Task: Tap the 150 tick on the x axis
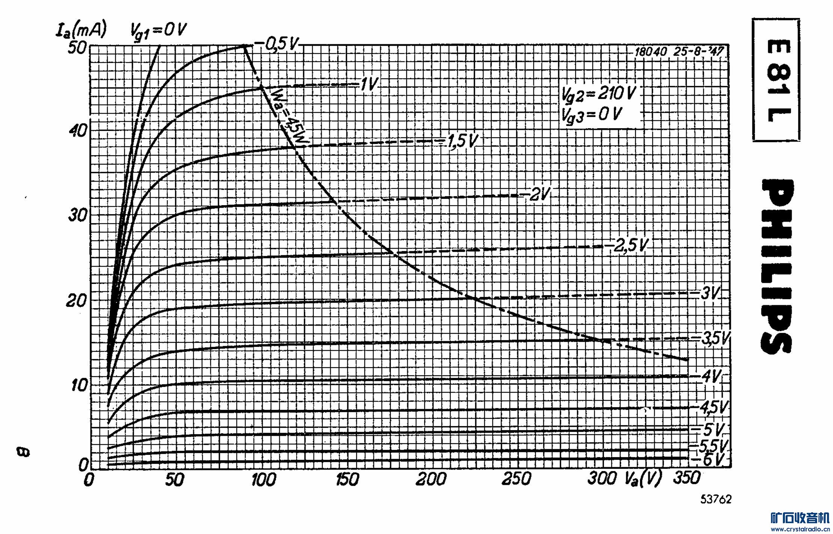click(x=347, y=479)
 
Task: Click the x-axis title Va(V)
click(x=643, y=479)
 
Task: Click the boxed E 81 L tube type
click(x=776, y=80)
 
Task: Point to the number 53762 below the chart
click(x=716, y=499)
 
